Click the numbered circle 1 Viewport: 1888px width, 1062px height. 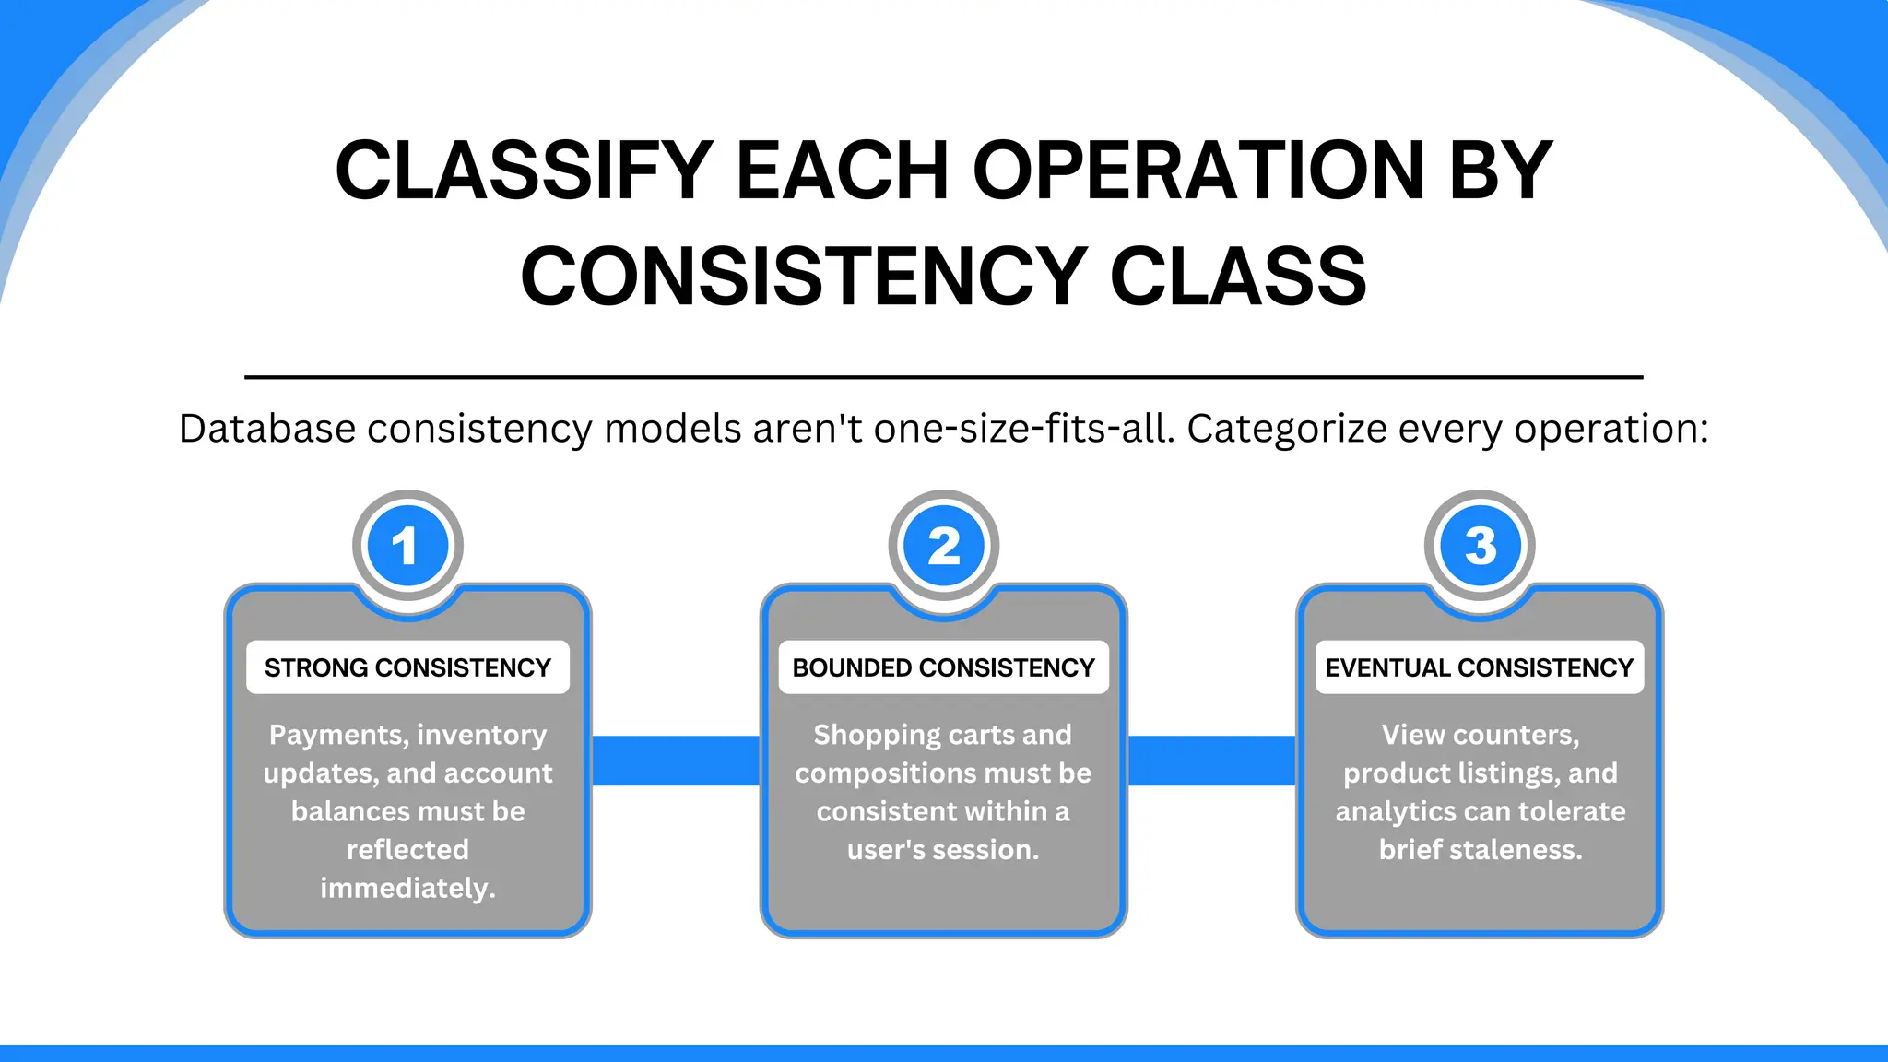point(407,546)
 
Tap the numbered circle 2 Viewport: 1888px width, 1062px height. point(944,546)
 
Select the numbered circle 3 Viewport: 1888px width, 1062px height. point(1480,546)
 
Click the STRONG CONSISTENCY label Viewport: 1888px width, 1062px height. point(407,667)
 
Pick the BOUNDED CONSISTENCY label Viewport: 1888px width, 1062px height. point(943,667)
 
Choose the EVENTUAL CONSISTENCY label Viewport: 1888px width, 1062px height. point(1479,667)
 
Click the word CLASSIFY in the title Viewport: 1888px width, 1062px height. point(524,171)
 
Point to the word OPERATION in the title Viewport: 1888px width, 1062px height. point(1198,171)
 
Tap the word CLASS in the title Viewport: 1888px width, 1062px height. point(1237,277)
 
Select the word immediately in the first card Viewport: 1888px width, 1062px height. point(407,888)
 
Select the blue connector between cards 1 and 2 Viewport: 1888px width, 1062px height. point(676,761)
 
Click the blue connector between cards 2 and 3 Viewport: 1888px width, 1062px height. point(1211,761)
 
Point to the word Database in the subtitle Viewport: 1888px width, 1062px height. point(266,429)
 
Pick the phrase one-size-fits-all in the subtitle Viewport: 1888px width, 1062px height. point(1023,429)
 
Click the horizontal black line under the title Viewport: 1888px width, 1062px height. point(944,377)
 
